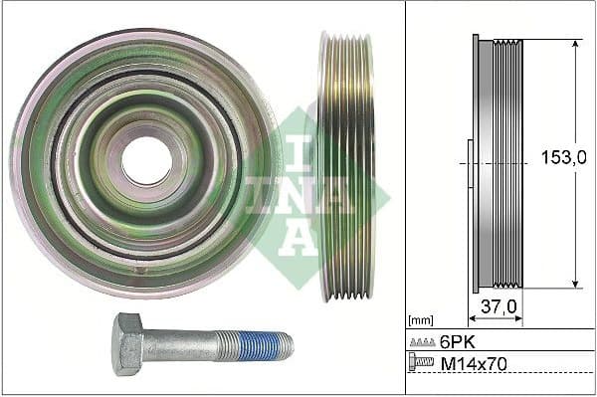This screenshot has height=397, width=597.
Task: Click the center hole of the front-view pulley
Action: [x=146, y=160]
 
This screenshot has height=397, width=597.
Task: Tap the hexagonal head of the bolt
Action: [x=128, y=343]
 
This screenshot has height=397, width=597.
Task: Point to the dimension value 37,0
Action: [x=498, y=307]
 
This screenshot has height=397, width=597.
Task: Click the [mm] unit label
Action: [x=422, y=320]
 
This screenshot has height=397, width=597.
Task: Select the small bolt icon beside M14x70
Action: [x=422, y=364]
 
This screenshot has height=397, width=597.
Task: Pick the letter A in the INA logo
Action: [x=299, y=234]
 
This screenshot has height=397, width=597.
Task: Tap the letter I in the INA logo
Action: [x=299, y=149]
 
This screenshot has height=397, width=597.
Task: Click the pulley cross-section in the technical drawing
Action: [x=497, y=165]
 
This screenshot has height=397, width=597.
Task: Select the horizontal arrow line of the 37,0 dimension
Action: [x=497, y=321]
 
